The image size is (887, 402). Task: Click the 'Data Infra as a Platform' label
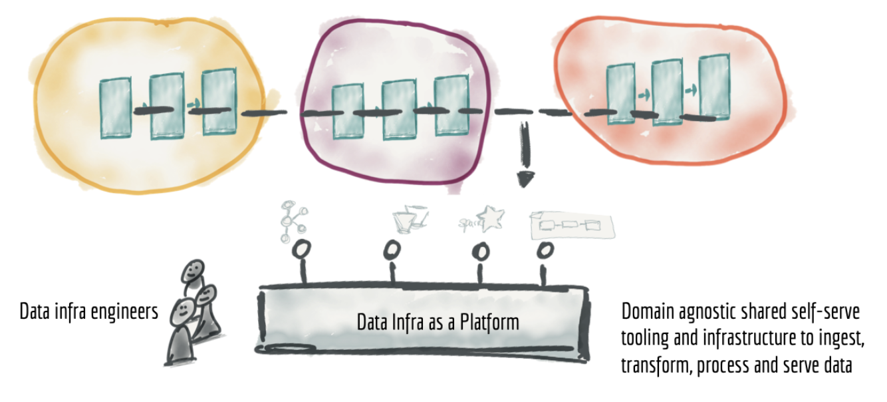(438, 322)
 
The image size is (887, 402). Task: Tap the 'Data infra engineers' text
(88, 311)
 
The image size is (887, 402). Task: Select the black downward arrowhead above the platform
(525, 179)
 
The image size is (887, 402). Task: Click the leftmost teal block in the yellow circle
(115, 108)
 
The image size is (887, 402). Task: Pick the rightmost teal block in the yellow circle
(219, 102)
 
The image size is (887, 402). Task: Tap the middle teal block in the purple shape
(399, 110)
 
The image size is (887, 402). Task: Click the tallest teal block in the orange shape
(714, 87)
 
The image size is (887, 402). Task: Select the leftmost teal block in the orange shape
(621, 94)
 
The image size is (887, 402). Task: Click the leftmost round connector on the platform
(301, 250)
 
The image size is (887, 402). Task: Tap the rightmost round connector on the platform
(545, 250)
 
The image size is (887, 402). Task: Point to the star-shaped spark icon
(491, 218)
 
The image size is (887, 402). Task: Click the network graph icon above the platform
(293, 221)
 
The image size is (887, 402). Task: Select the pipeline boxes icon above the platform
(572, 226)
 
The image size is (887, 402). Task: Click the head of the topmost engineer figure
(193, 271)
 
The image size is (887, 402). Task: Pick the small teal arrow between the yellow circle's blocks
(193, 104)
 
